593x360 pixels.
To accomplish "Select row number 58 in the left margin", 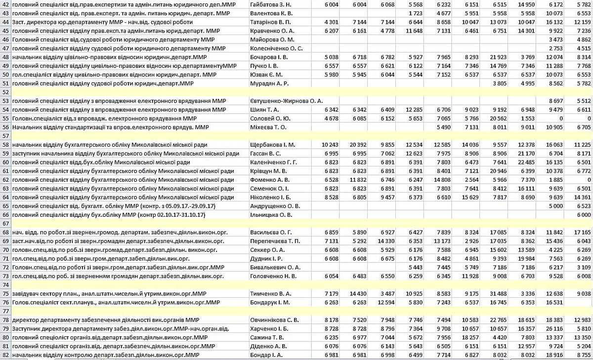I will pos(5,145).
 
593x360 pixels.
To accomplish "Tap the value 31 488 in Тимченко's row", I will pos(496,293).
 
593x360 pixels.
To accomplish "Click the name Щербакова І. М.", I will pos(273,145).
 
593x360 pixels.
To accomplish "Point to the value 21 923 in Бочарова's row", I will pos(496,57).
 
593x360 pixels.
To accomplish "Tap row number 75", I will pos(5,293).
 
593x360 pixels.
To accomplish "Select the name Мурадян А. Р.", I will pos(270,83).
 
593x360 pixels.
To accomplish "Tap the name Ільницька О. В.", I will pos(272,215).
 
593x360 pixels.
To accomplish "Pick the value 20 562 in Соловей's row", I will pos(496,119).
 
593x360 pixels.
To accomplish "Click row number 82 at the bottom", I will pos(5,355).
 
